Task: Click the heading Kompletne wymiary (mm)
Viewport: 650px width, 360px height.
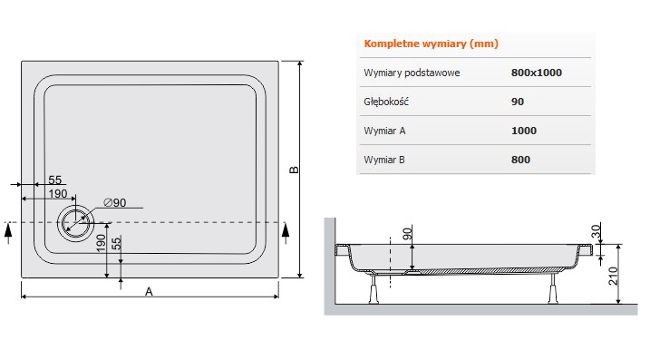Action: [x=432, y=44]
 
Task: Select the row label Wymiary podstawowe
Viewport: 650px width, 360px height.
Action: [x=412, y=73]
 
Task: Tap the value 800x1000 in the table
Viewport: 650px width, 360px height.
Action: [x=537, y=73]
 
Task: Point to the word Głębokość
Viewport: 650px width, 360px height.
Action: [x=386, y=102]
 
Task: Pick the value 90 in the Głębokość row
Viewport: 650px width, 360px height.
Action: [x=518, y=102]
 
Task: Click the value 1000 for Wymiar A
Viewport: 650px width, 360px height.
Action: [x=524, y=131]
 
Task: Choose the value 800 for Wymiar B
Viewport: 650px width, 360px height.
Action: [x=520, y=160]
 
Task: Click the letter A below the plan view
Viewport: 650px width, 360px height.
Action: [x=149, y=292]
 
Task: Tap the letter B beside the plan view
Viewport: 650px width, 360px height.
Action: [x=294, y=170]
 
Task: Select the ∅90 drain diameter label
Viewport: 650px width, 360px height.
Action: [x=115, y=202]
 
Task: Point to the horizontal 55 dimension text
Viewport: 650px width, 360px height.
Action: [x=54, y=180]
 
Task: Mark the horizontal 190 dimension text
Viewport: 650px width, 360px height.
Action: [x=58, y=194]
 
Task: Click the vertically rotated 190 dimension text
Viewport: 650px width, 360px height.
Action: [x=101, y=243]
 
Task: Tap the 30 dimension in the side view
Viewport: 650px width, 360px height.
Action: [x=596, y=231]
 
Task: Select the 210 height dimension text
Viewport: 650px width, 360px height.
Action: [x=613, y=276]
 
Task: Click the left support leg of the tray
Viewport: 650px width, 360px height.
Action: [x=374, y=289]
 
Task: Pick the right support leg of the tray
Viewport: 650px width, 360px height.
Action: [x=553, y=289]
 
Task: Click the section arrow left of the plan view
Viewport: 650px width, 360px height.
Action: [x=8, y=233]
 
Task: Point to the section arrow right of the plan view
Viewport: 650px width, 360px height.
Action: [x=286, y=233]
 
